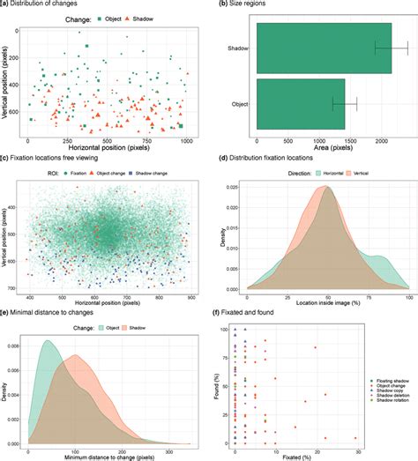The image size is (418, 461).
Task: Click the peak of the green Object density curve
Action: tap(48, 341)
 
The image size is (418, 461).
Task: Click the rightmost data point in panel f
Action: tap(355, 438)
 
